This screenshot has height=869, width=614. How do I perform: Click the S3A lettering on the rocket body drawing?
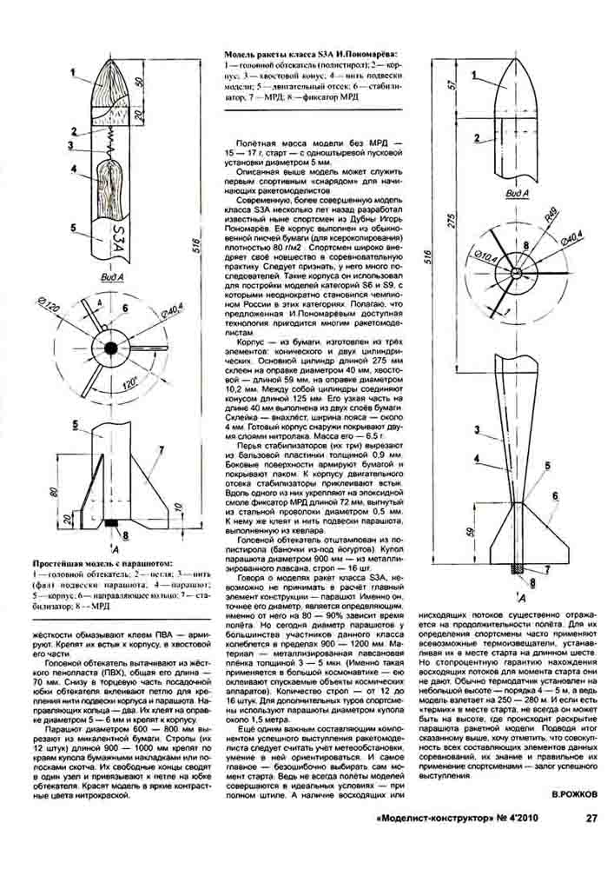[121, 236]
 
